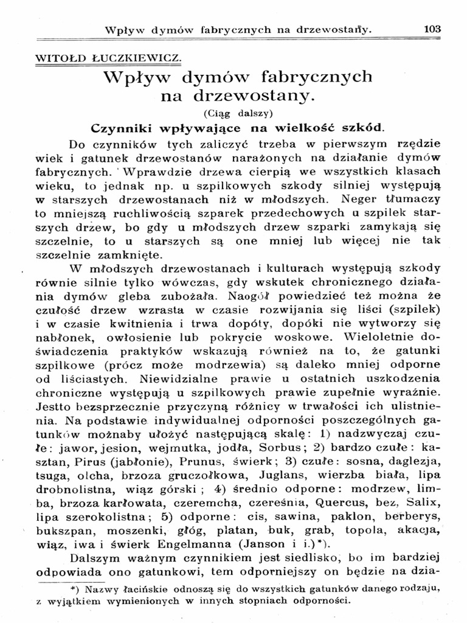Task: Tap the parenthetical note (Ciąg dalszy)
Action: coord(238,113)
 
